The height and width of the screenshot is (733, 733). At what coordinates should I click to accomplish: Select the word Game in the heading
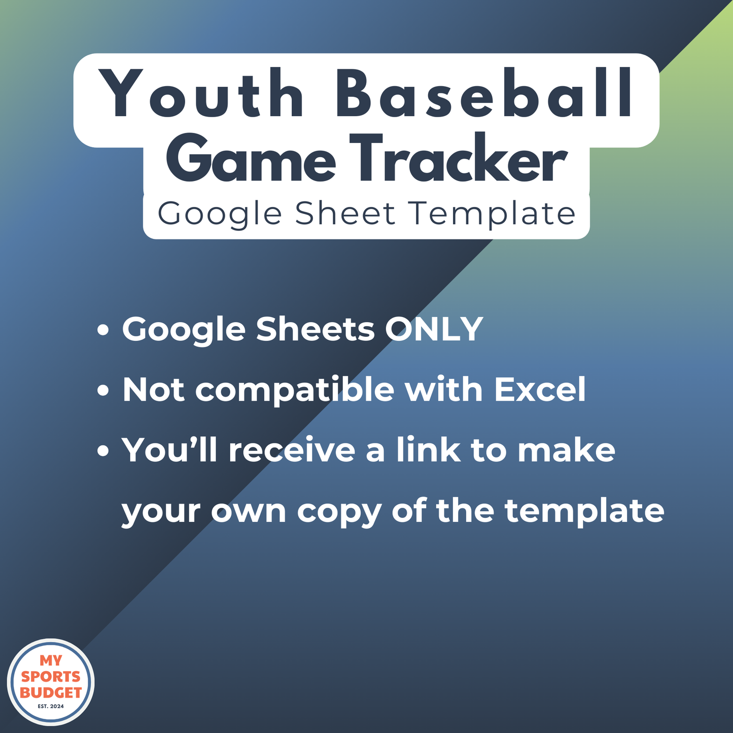tap(251, 160)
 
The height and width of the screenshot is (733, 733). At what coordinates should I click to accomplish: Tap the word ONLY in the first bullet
tap(434, 329)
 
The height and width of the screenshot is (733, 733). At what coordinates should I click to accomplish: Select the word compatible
tap(295, 391)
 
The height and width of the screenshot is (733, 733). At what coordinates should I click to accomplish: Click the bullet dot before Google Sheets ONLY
tap(103, 330)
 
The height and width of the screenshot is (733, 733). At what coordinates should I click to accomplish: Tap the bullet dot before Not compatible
tap(103, 391)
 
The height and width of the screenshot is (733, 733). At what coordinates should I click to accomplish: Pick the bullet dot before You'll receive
tap(103, 450)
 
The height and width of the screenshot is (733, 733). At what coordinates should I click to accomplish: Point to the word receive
tap(292, 450)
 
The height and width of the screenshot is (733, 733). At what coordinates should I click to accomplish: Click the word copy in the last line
tap(338, 511)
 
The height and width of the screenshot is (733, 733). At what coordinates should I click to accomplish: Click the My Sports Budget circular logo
tap(51, 682)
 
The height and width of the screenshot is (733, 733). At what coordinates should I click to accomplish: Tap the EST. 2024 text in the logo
tap(51, 706)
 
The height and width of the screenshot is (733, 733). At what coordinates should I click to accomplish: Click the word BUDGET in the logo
tap(51, 692)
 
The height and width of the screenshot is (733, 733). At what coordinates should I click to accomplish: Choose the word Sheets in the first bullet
tap(316, 329)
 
